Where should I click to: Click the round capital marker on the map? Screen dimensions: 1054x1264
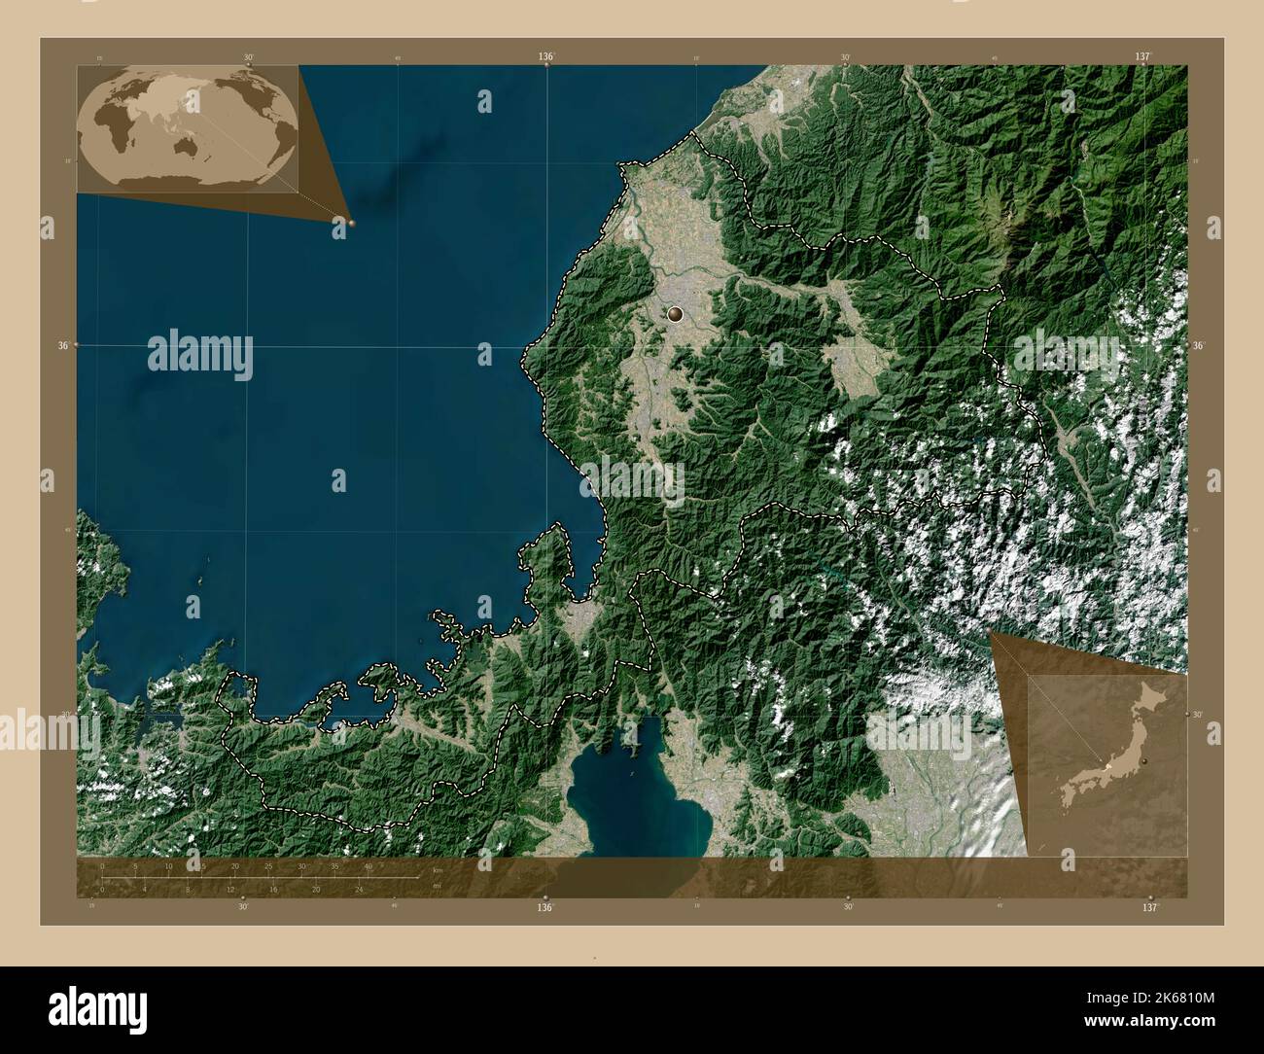click(x=676, y=314)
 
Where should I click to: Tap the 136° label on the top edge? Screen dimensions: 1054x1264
click(x=546, y=57)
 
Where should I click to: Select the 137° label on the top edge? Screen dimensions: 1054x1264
click(x=1141, y=57)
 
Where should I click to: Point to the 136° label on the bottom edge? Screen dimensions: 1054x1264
click(x=545, y=907)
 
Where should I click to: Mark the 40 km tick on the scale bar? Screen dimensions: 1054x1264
click(x=369, y=865)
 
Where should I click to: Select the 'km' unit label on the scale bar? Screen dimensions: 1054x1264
click(x=437, y=870)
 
